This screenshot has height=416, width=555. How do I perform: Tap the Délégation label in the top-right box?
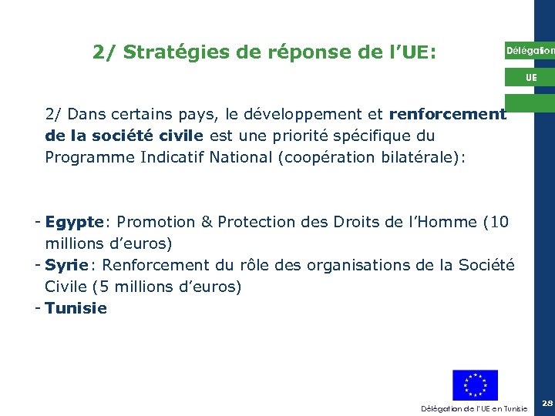(530, 51)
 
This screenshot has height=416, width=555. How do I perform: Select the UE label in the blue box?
(531, 78)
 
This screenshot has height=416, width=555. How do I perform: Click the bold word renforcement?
(447, 115)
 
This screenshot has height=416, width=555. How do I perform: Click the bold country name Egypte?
(74, 223)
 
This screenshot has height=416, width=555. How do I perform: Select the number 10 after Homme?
(499, 223)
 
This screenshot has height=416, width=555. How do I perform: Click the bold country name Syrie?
(67, 266)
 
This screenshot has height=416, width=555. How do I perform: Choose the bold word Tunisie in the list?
(76, 309)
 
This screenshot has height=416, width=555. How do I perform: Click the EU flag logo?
(475, 385)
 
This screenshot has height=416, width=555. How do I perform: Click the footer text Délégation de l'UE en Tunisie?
(474, 408)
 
